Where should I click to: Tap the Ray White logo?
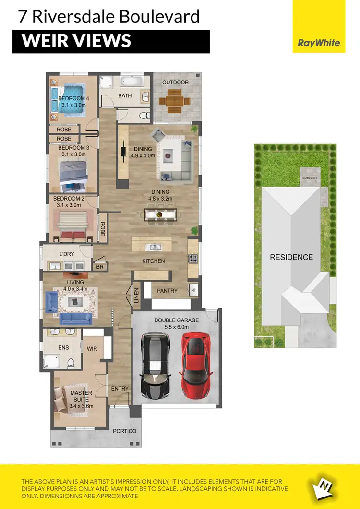tap(319, 43)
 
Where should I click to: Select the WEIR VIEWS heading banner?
tap(111, 41)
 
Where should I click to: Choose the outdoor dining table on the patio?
tap(175, 101)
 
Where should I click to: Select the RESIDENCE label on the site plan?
tap(291, 257)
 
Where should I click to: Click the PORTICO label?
tap(124, 431)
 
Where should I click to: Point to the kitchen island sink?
tap(155, 248)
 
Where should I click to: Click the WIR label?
tap(92, 348)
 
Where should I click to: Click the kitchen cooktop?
tap(193, 259)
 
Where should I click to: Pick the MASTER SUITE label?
tap(81, 396)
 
